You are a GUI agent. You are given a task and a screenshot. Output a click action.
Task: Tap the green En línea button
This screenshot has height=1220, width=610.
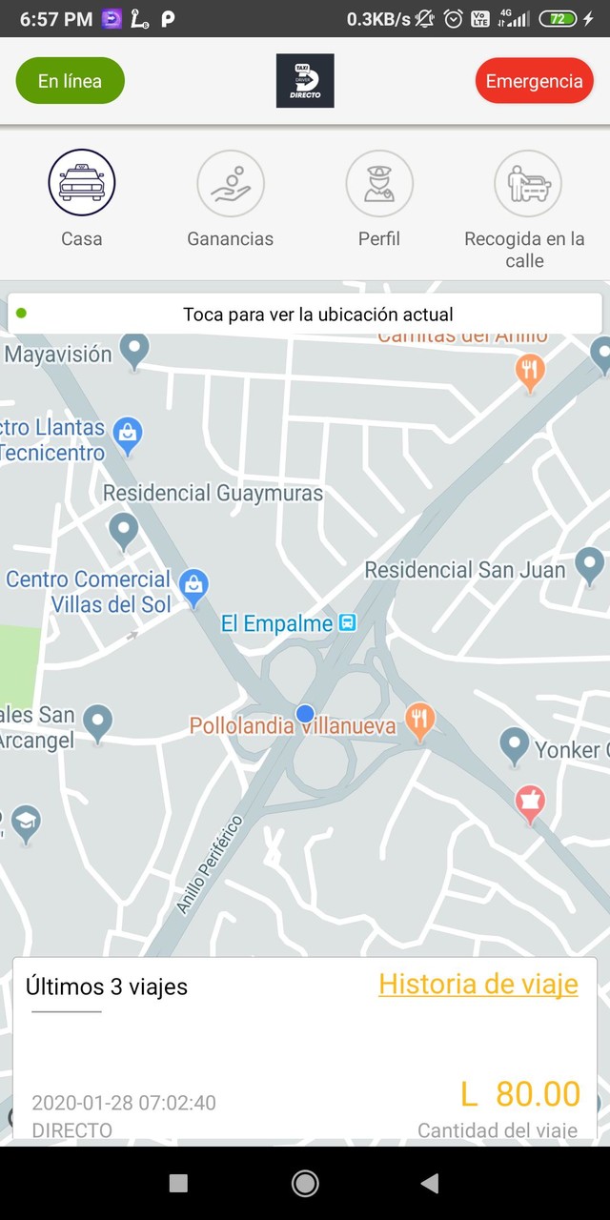tap(71, 81)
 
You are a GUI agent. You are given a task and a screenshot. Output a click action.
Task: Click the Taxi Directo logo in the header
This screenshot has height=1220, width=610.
tap(305, 81)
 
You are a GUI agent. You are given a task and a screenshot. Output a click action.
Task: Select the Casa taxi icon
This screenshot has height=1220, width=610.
tap(82, 183)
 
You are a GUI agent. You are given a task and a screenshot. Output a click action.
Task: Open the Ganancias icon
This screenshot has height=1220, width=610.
tap(231, 183)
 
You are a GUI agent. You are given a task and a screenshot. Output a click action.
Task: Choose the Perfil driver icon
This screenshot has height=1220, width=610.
tap(379, 183)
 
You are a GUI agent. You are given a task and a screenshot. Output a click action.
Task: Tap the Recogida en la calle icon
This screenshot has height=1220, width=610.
tap(528, 183)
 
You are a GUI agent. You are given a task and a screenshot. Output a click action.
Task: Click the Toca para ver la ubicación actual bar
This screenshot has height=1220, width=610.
tap(305, 314)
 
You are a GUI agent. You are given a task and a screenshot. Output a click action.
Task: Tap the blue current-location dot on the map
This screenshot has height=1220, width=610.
tap(305, 713)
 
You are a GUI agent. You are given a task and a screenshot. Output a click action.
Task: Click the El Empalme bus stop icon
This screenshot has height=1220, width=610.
tap(349, 623)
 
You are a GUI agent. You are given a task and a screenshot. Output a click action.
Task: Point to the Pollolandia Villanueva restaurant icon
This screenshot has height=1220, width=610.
tap(419, 721)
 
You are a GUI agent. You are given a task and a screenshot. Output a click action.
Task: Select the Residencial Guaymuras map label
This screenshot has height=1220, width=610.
tap(213, 493)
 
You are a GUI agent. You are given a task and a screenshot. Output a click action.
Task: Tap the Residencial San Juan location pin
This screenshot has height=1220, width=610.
tap(589, 565)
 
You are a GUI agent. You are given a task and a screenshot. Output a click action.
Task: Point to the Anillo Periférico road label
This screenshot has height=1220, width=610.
tap(210, 864)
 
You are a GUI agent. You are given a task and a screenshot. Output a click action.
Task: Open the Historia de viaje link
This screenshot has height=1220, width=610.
tap(478, 984)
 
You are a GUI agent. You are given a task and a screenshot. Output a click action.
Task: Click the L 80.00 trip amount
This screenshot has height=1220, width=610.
tap(520, 1093)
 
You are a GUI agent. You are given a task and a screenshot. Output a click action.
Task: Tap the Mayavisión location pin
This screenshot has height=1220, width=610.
tap(134, 351)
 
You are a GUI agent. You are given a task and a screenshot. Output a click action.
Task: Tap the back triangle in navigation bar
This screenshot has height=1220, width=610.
tap(430, 1183)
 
